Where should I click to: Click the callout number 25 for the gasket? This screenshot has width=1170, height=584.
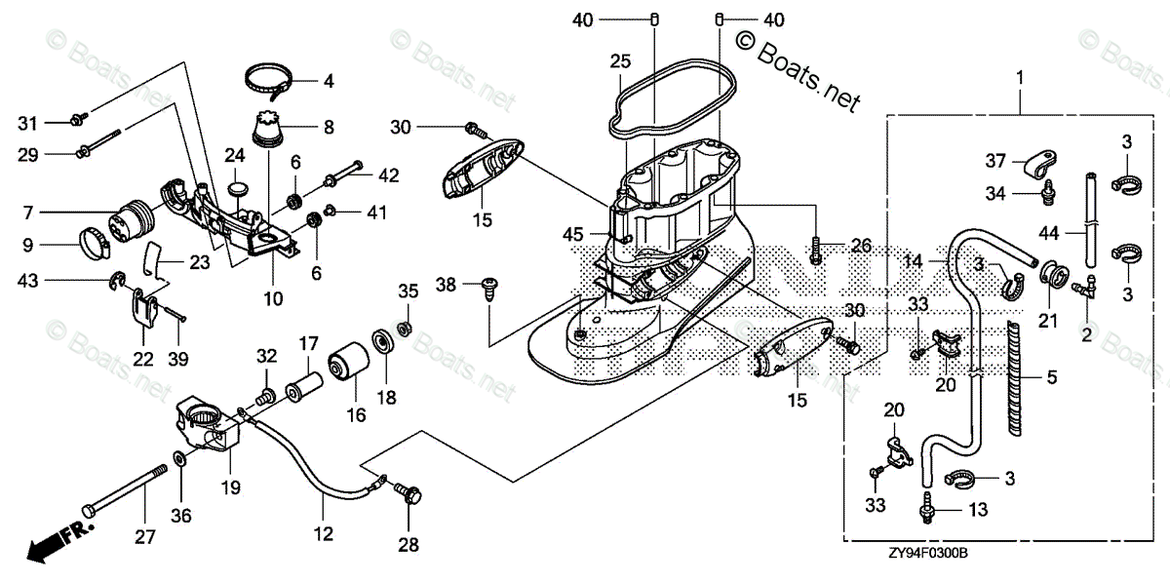coord(621,61)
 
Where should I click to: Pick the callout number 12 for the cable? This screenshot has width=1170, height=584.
coord(323,533)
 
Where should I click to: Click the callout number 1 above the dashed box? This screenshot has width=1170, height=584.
coord(1020,76)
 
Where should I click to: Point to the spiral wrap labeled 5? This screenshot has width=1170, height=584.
coord(1017,374)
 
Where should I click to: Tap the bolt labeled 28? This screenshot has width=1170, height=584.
coord(408,496)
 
